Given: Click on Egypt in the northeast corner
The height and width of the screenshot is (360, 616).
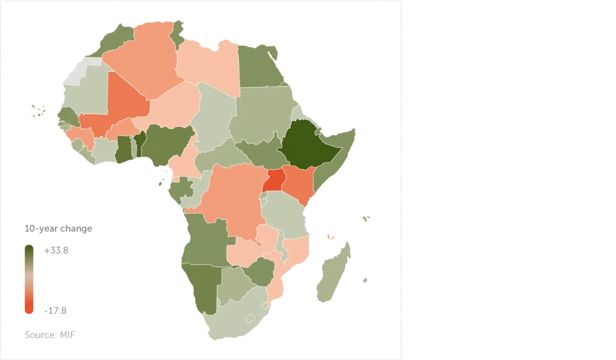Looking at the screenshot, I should [x=258, y=66].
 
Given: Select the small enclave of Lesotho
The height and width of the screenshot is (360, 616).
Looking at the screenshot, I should [x=250, y=318].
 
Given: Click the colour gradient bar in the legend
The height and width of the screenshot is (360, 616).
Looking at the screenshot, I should [x=29, y=278].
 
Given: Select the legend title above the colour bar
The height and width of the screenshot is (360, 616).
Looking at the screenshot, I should [x=58, y=229].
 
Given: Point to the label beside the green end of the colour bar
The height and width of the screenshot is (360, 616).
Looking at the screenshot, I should [x=56, y=251].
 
